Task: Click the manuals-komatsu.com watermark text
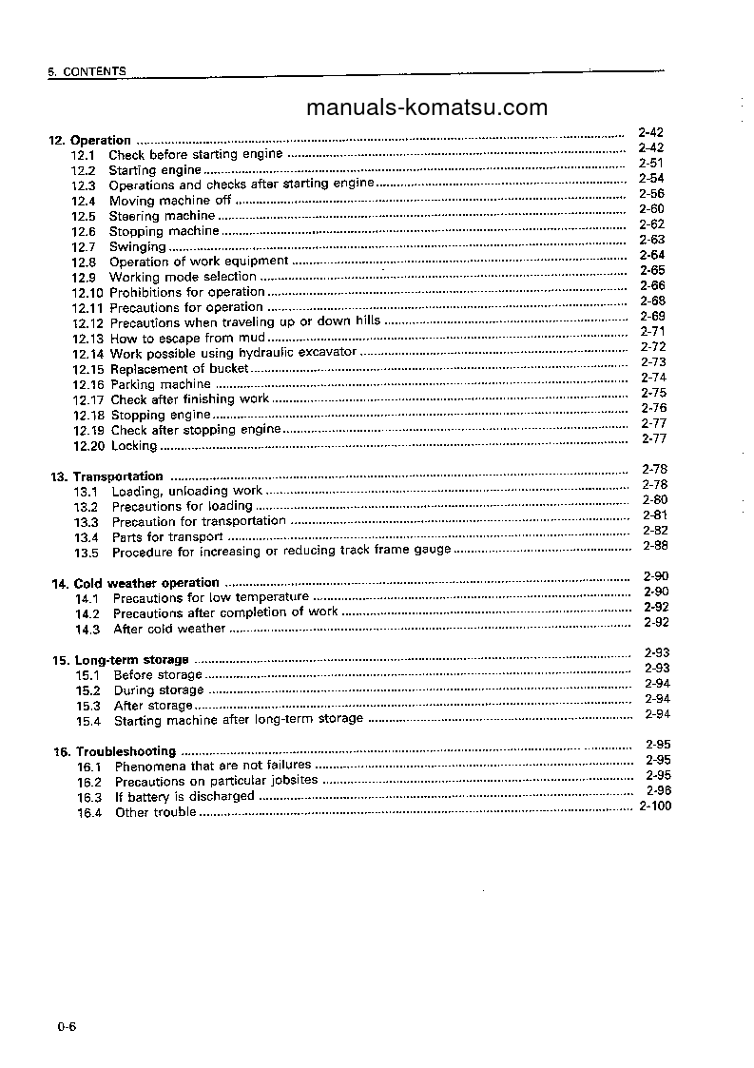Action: click(x=427, y=107)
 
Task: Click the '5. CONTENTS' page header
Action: click(x=87, y=71)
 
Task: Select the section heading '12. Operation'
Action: click(x=90, y=140)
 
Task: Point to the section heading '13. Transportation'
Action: click(x=106, y=476)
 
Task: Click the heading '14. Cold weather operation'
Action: click(x=135, y=583)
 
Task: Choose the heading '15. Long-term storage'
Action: click(x=120, y=660)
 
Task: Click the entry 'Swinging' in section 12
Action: click(x=137, y=246)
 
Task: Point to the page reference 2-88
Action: click(x=655, y=545)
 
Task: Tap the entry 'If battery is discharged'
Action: click(x=184, y=797)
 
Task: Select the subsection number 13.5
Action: click(x=87, y=553)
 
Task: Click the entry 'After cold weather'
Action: click(x=169, y=629)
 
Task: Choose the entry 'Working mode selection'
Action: click(x=183, y=277)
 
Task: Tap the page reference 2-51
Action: click(x=651, y=163)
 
